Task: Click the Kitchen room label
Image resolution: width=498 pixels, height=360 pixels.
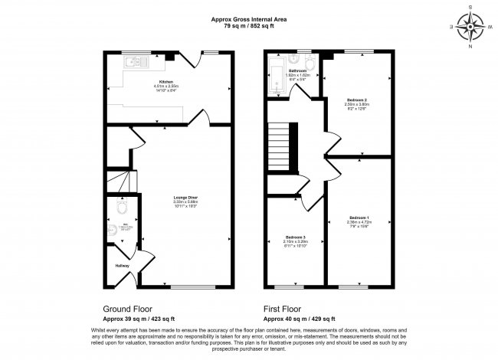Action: (x=165, y=81)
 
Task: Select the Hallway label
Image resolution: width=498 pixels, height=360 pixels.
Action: (x=123, y=266)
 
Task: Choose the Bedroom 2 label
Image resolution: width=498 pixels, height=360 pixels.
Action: (x=357, y=100)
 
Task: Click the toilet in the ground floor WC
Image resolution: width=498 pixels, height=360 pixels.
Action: (x=120, y=208)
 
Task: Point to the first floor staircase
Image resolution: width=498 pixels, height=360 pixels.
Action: (x=284, y=146)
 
